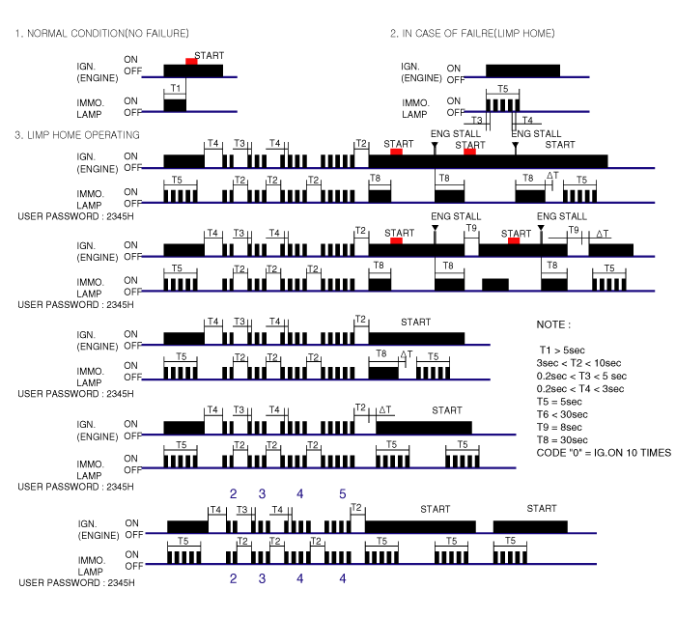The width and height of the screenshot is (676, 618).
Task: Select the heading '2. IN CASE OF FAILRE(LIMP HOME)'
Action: pyautogui.click(x=472, y=35)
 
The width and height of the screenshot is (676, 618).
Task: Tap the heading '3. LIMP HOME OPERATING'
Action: pyautogui.click(x=77, y=134)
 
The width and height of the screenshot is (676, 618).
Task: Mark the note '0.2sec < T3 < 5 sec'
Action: pyautogui.click(x=582, y=376)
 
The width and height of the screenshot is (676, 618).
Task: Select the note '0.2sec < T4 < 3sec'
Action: pyautogui.click(x=581, y=389)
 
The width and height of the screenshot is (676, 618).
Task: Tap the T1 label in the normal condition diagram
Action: pyautogui.click(x=175, y=88)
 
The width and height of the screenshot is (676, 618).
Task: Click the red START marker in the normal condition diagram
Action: pyautogui.click(x=191, y=62)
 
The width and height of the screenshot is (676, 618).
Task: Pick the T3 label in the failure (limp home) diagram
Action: pyautogui.click(x=476, y=120)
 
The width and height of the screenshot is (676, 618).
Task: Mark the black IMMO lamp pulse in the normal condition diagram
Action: pyautogui.click(x=175, y=104)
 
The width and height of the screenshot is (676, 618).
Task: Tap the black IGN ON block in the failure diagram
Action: pyautogui.click(x=522, y=70)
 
